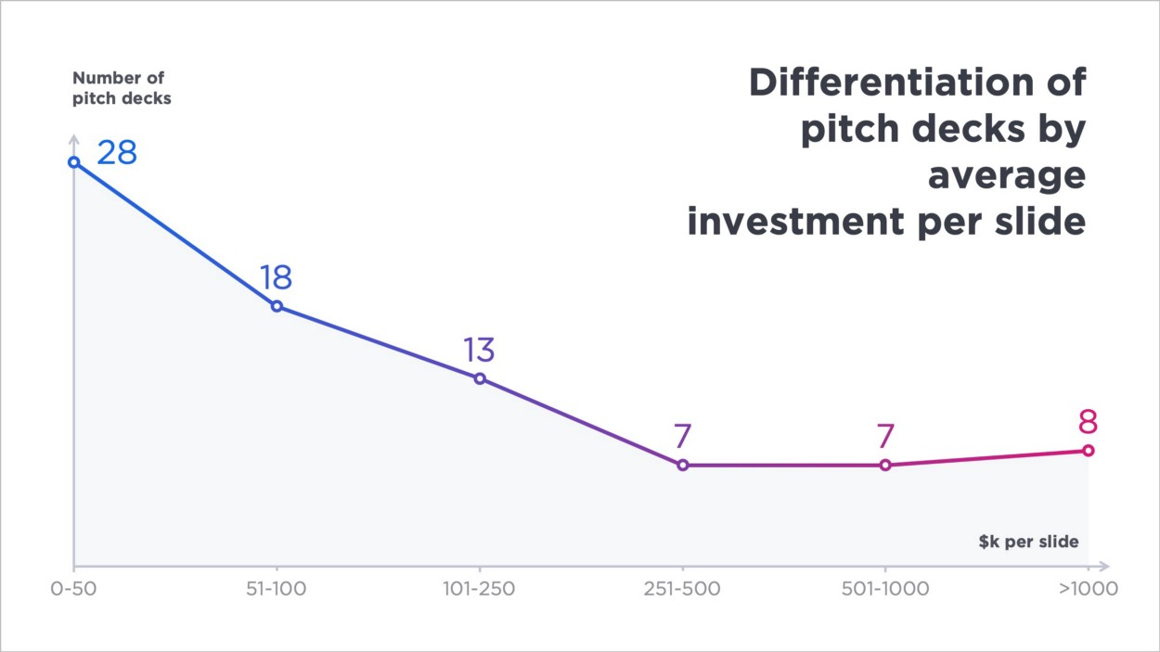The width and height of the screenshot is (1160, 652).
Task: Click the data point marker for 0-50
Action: [74, 162]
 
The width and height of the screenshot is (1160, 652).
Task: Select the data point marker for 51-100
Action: [277, 306]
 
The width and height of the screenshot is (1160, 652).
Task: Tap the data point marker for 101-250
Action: [480, 378]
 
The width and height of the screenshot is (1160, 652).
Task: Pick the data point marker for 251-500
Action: [683, 466]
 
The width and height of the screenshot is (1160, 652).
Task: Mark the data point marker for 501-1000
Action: [885, 466]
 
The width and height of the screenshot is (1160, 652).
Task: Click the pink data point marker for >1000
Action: [1089, 451]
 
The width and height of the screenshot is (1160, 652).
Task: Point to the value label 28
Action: [117, 153]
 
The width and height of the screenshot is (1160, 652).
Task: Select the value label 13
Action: [479, 350]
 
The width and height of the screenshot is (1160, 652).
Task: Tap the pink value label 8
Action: [1088, 422]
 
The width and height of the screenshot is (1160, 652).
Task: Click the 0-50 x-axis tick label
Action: [73, 588]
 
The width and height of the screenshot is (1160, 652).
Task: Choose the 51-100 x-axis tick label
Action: [276, 588]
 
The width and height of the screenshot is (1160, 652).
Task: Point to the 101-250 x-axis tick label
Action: [479, 588]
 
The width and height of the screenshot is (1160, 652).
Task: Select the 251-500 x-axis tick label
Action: [682, 588]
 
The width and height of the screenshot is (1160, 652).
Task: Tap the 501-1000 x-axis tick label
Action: [885, 588]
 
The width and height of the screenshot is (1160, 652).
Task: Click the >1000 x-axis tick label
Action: [1089, 588]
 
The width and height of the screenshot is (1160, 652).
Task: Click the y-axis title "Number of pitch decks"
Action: [122, 88]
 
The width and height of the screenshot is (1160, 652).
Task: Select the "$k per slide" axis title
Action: [1028, 542]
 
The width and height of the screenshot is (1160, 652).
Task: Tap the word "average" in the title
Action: [1007, 175]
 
